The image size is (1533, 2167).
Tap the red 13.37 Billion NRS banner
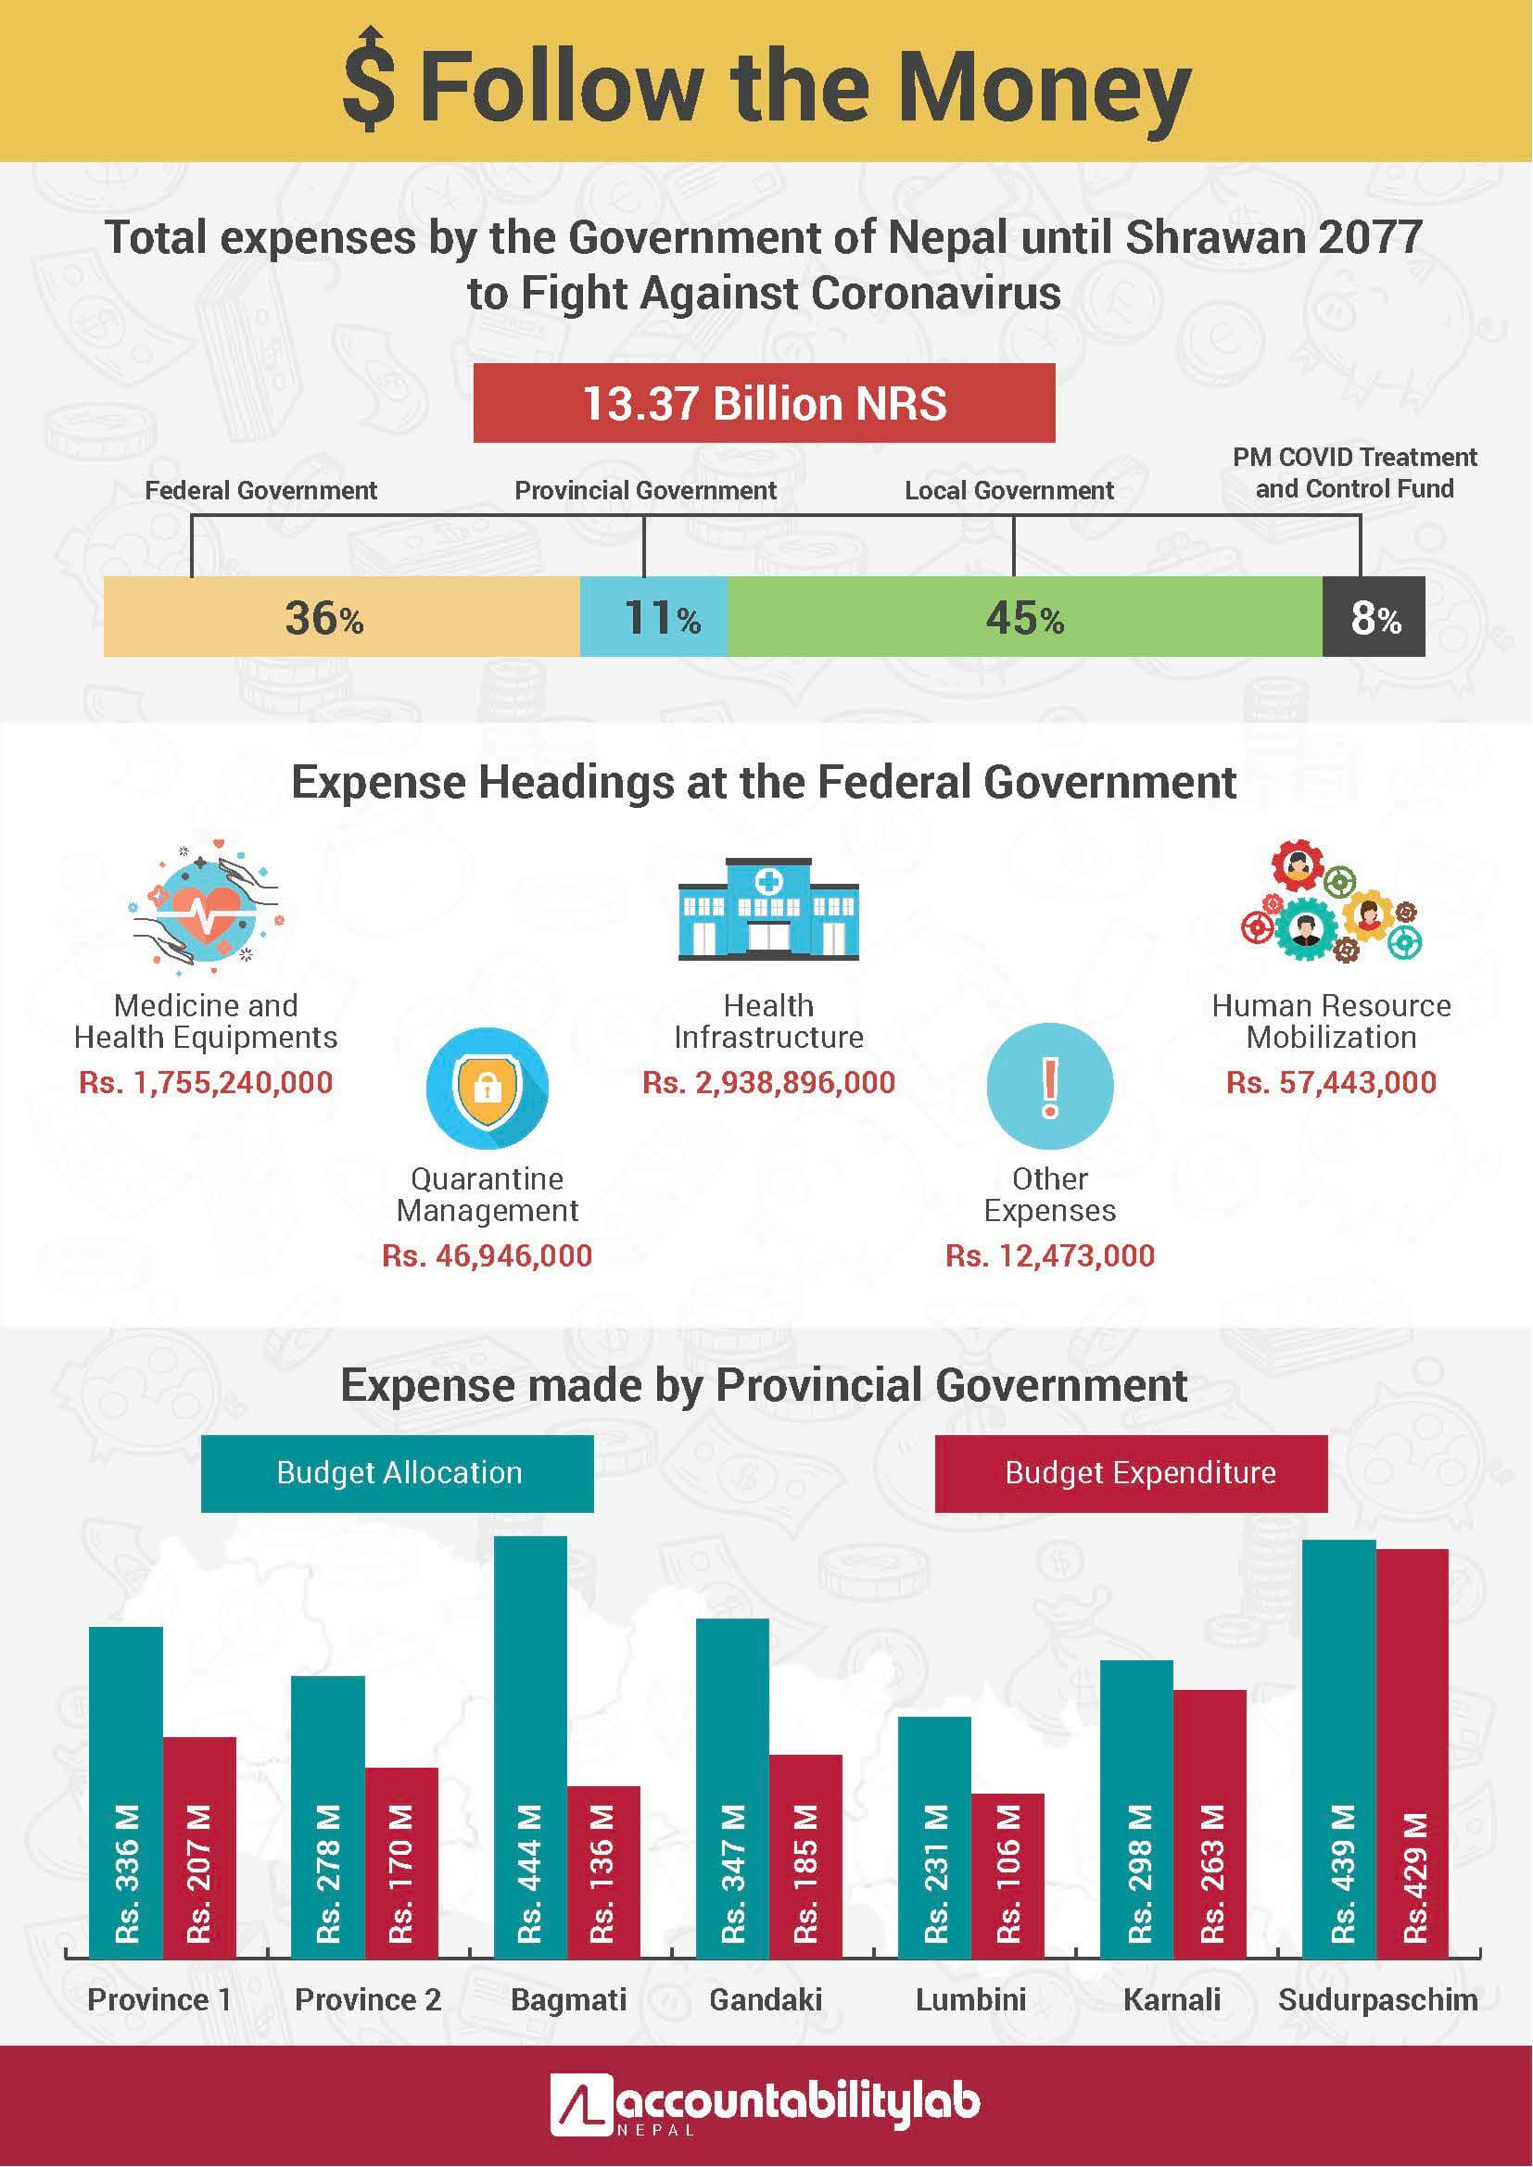[764, 403]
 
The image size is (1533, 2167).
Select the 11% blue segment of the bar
[653, 617]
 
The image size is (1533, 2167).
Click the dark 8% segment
[1374, 617]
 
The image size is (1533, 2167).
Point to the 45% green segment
[1024, 617]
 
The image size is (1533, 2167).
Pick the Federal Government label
[260, 491]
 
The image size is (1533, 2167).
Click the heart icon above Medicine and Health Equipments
[207, 906]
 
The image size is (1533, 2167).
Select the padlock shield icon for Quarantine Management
[488, 1088]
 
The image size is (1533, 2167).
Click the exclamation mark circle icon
[1050, 1086]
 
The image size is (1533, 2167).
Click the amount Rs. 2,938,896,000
[768, 1082]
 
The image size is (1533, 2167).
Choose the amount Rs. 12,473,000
[1050, 1255]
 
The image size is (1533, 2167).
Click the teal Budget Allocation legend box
[398, 1473]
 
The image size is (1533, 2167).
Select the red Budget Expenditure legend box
[1131, 1473]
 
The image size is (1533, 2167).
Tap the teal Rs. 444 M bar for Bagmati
[530, 1746]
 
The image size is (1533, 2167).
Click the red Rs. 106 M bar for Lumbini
[1007, 1878]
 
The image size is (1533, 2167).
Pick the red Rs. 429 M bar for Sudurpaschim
[1413, 1756]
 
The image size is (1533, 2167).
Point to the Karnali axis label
[1172, 1999]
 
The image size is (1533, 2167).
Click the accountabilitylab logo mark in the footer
[579, 2104]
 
